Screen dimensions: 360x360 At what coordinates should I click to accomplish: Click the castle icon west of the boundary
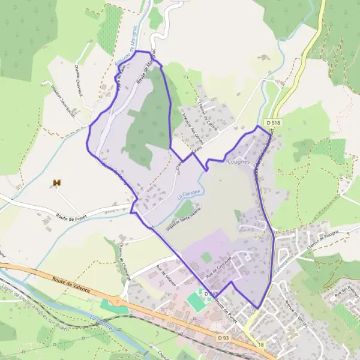(58, 182)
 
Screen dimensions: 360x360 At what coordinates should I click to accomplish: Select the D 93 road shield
(224, 338)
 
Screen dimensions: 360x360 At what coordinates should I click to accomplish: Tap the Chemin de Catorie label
(208, 114)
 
